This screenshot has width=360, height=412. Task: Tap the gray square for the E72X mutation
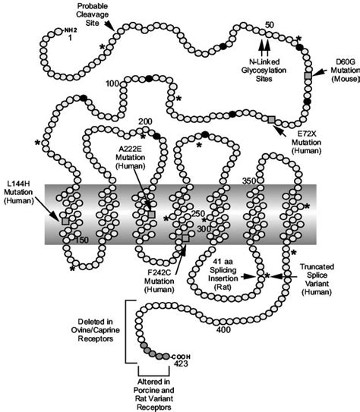[272, 119]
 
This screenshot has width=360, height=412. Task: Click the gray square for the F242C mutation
[185, 240]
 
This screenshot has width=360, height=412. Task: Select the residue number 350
[268, 182]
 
